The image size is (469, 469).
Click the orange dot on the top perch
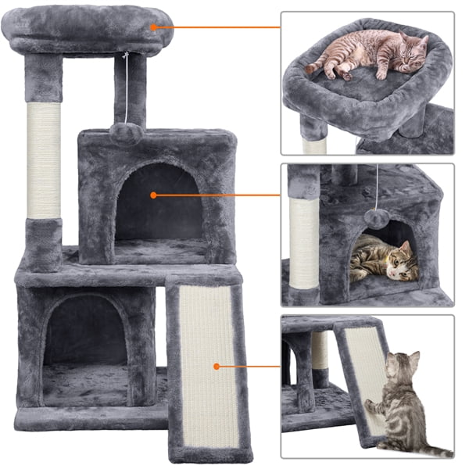[x=155, y=27]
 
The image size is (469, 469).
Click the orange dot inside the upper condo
[x=154, y=195]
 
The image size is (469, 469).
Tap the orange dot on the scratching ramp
[x=216, y=365]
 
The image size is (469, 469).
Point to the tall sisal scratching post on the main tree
[x=45, y=160]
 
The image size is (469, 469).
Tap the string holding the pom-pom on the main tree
[x=126, y=86]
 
